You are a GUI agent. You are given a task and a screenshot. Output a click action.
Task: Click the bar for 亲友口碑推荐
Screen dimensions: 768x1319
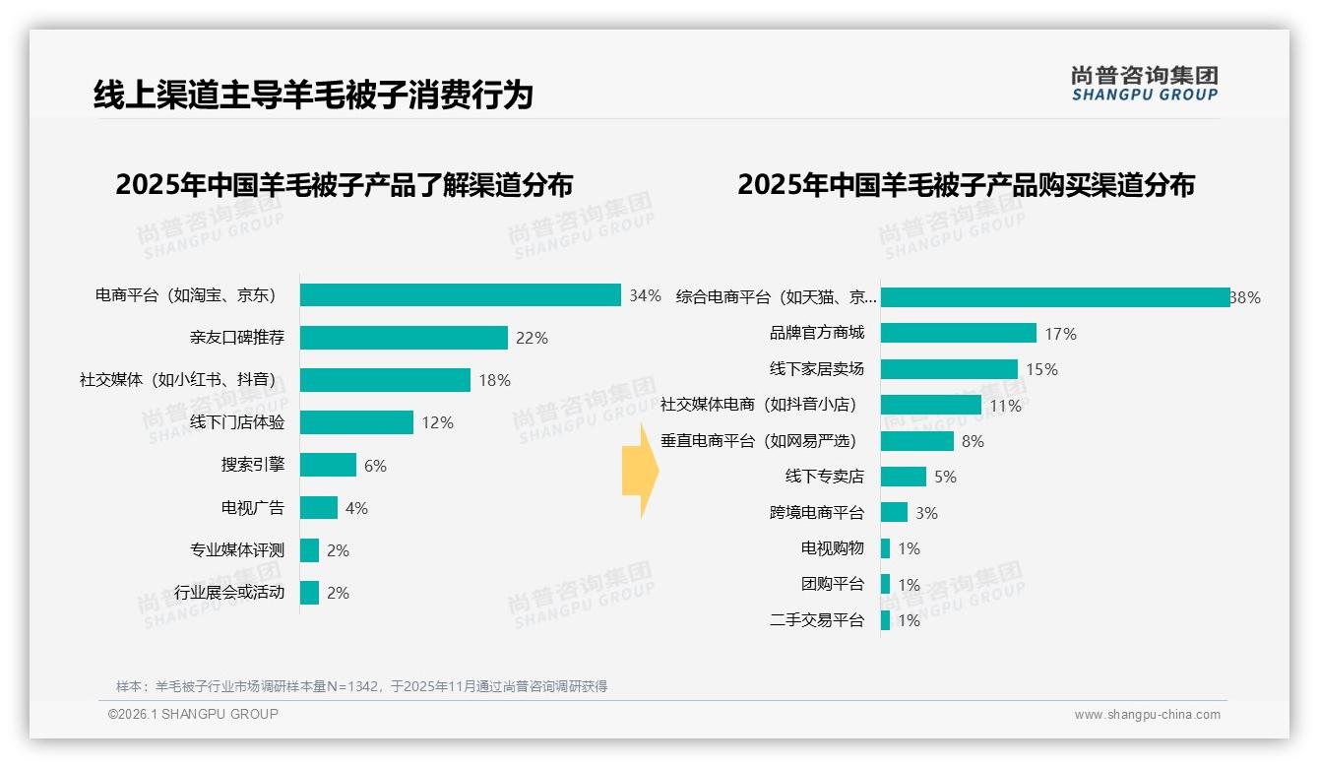click(x=404, y=338)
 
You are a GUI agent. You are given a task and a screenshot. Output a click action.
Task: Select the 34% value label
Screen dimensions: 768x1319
click(x=645, y=295)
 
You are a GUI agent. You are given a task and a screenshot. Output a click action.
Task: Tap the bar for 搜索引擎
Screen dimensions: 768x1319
click(x=328, y=465)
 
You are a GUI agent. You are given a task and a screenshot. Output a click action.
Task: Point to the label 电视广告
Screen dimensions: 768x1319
click(x=252, y=508)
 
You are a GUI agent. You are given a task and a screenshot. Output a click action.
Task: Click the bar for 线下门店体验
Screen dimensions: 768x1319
click(x=356, y=422)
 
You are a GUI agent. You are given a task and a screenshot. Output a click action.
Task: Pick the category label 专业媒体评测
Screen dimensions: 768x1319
click(x=236, y=550)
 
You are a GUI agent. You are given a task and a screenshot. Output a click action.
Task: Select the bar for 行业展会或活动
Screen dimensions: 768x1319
click(x=309, y=593)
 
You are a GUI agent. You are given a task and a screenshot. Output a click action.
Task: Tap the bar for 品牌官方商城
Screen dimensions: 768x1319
click(x=958, y=333)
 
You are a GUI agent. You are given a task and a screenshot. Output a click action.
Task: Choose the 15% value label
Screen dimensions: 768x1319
click(x=1041, y=369)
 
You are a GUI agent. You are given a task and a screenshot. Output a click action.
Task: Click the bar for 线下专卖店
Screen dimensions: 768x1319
click(x=903, y=477)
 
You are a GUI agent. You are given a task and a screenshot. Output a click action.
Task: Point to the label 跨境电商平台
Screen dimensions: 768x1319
click(x=816, y=513)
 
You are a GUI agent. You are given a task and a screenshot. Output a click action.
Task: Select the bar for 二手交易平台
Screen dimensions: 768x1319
click(x=885, y=620)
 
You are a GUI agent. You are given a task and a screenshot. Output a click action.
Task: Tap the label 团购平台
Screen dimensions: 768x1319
click(x=832, y=584)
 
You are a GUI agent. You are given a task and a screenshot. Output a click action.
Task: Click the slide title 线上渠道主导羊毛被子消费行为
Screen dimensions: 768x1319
click(x=313, y=96)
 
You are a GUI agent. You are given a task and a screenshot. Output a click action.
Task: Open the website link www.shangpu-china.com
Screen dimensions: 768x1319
click(x=1147, y=715)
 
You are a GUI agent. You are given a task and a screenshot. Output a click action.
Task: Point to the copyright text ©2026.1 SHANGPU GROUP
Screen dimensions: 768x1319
click(x=193, y=714)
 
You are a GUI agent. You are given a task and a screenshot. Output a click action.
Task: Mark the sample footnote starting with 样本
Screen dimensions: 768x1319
click(x=361, y=686)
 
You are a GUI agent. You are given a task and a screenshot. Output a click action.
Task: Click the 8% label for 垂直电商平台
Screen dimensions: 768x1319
click(x=973, y=441)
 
